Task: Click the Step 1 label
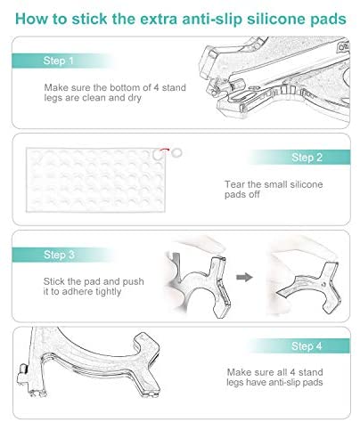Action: pyautogui.click(x=58, y=61)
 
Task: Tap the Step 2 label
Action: pyautogui.click(x=307, y=158)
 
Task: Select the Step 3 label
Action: pyautogui.click(x=59, y=255)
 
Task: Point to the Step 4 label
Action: pyautogui.click(x=307, y=346)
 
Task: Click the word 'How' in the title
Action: pyautogui.click(x=31, y=19)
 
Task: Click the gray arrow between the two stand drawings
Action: pyautogui.click(x=244, y=277)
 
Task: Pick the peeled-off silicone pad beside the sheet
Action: pyautogui.click(x=176, y=153)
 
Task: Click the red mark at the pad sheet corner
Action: pyautogui.click(x=164, y=150)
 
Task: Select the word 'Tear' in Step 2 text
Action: pyautogui.click(x=234, y=184)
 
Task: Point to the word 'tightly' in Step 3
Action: pyautogui.click(x=109, y=292)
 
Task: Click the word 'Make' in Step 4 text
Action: pyautogui.click(x=239, y=372)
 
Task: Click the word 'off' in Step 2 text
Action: pyautogui.click(x=254, y=195)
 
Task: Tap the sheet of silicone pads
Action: pyautogui.click(x=95, y=180)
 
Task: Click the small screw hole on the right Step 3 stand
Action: pyautogui.click(x=323, y=284)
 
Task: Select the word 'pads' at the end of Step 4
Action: pyautogui.click(x=313, y=382)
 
